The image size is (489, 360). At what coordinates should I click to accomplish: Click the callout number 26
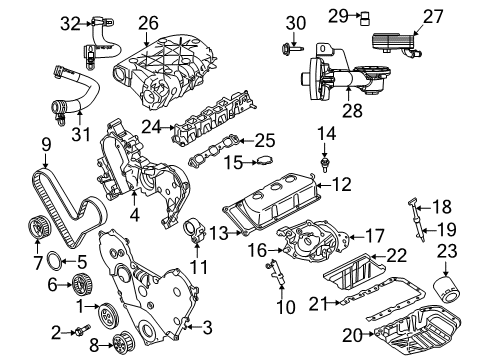tap(148, 21)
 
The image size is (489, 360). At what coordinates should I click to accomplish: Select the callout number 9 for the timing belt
tap(45, 153)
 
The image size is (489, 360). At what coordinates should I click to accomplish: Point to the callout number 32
tap(68, 22)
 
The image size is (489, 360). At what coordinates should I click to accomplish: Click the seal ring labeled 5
tap(81, 263)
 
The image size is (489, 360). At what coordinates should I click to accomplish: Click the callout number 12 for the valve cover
tap(341, 184)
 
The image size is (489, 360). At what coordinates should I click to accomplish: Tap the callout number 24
tap(151, 127)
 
